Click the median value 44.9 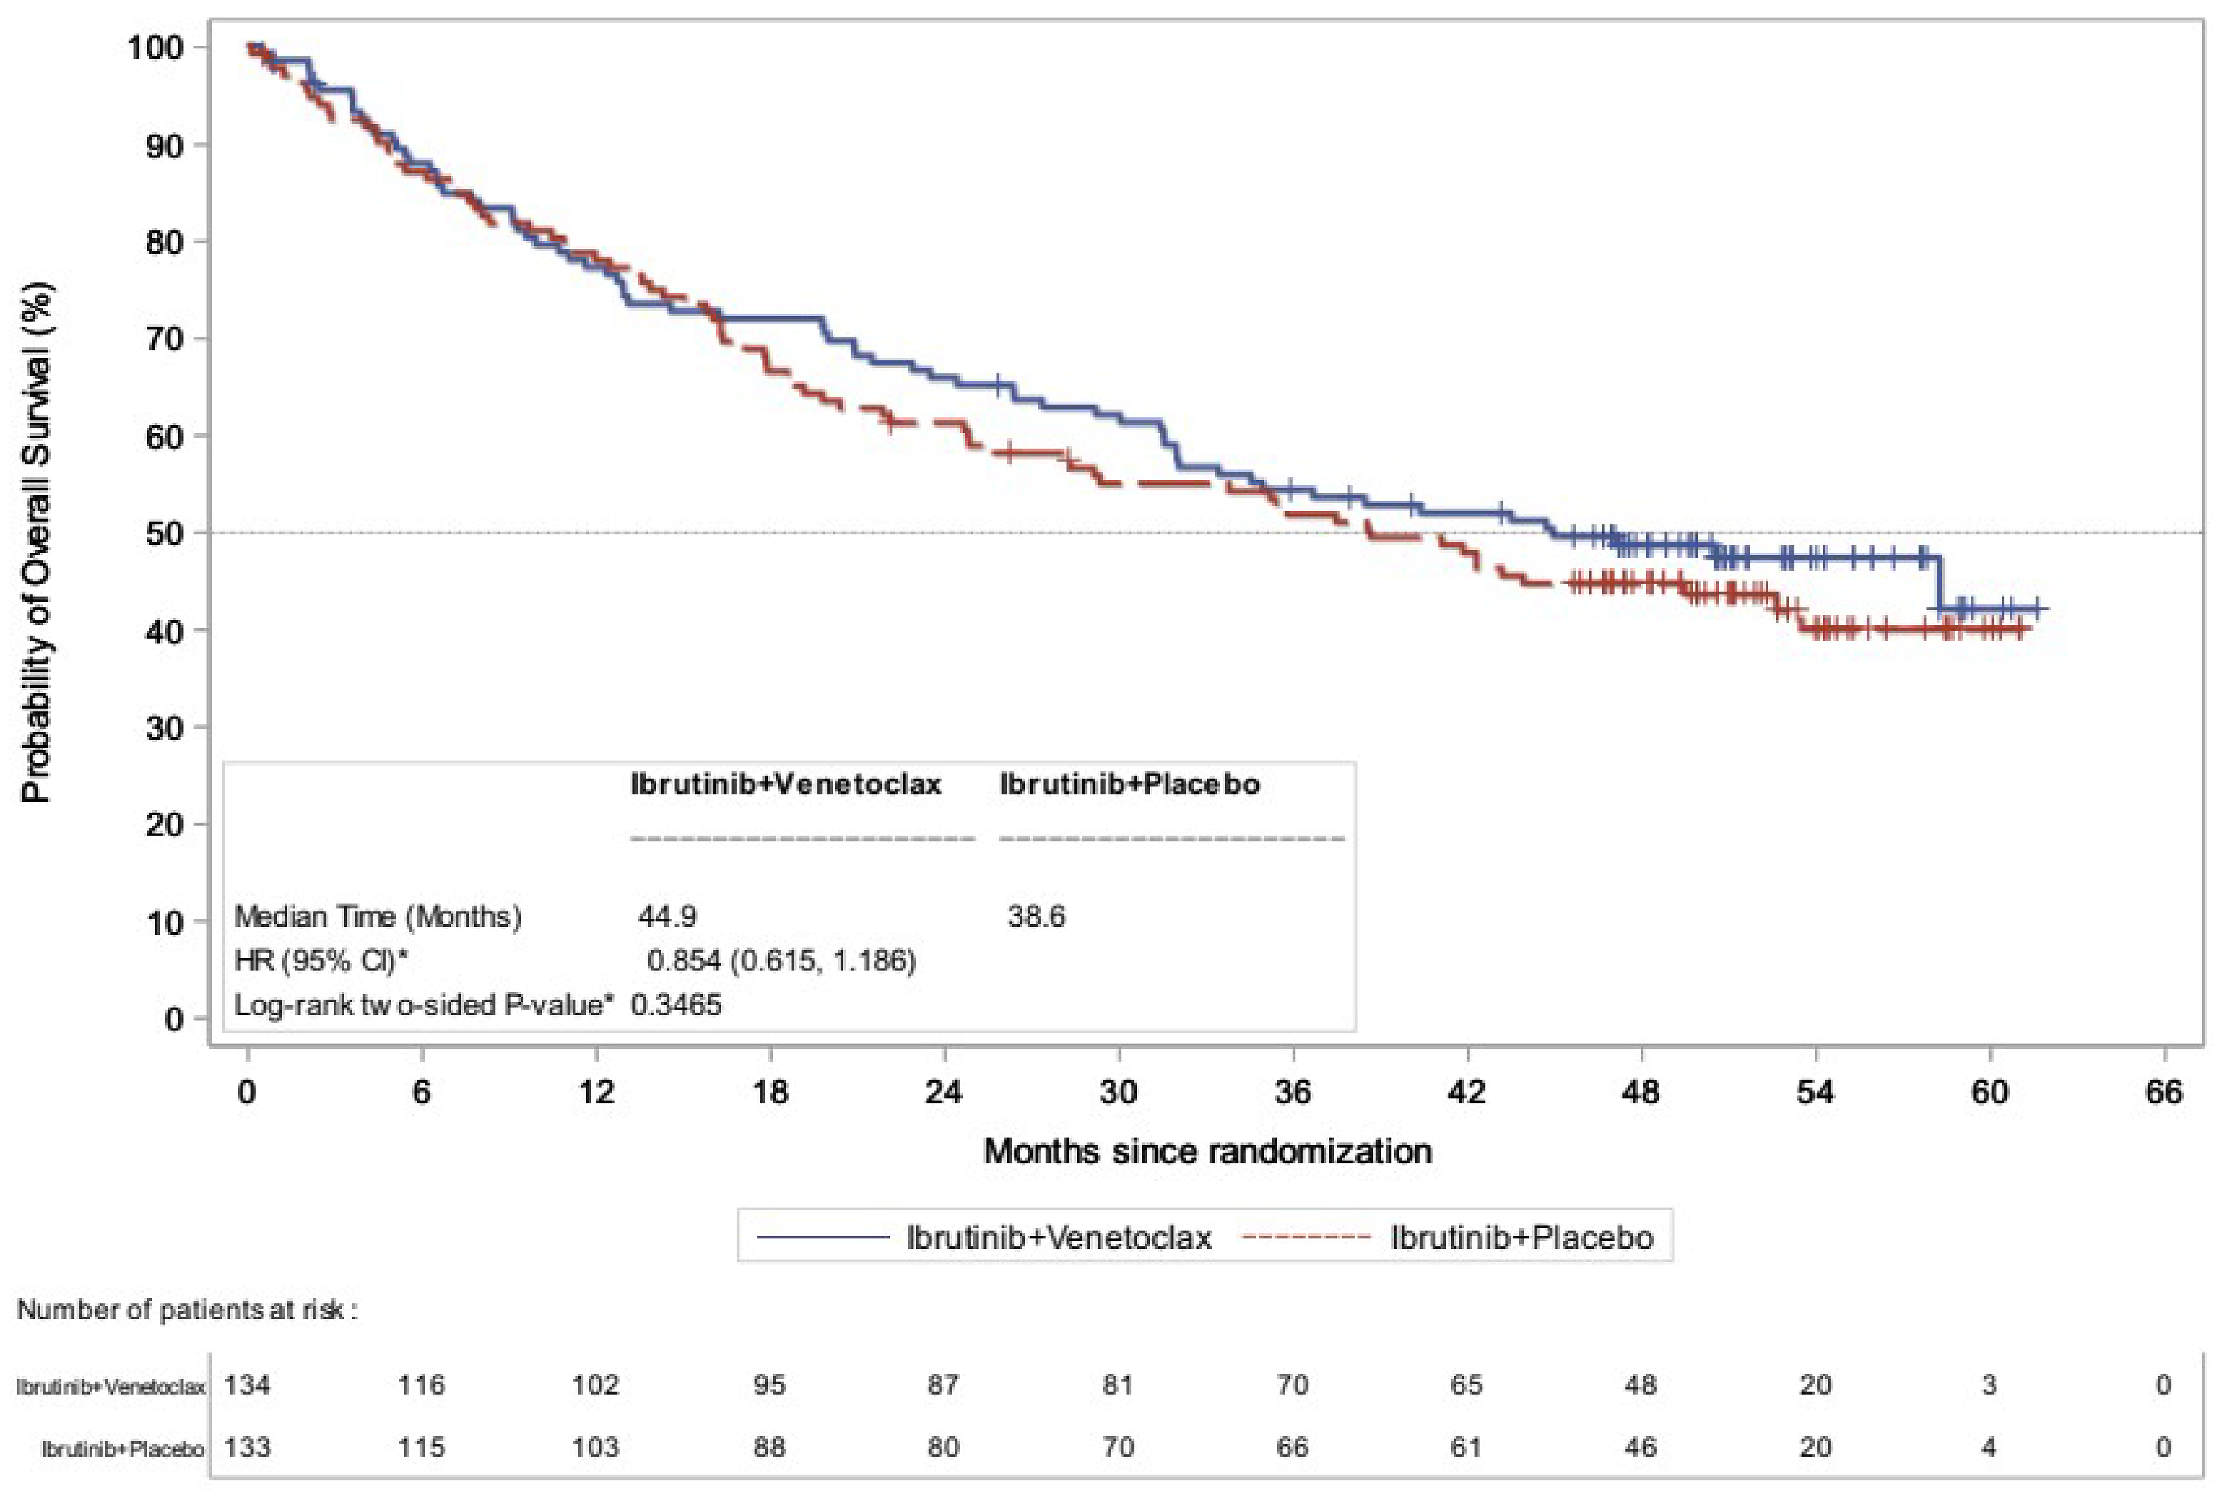pyautogui.click(x=667, y=916)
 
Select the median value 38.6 pyautogui.click(x=1036, y=916)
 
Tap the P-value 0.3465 pyautogui.click(x=676, y=1005)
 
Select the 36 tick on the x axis pyautogui.click(x=1292, y=1091)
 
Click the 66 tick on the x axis pyautogui.click(x=2163, y=1091)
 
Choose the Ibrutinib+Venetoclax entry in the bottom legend pyautogui.click(x=1058, y=1237)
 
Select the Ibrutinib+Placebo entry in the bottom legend pyautogui.click(x=1521, y=1237)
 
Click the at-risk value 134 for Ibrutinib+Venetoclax pyautogui.click(x=247, y=1384)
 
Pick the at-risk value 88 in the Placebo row pyautogui.click(x=769, y=1447)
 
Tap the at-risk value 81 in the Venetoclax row pyautogui.click(x=1118, y=1384)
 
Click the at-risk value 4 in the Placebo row pyautogui.click(x=1988, y=1447)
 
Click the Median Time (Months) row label pyautogui.click(x=378, y=916)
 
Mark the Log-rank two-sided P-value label pyautogui.click(x=424, y=1005)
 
